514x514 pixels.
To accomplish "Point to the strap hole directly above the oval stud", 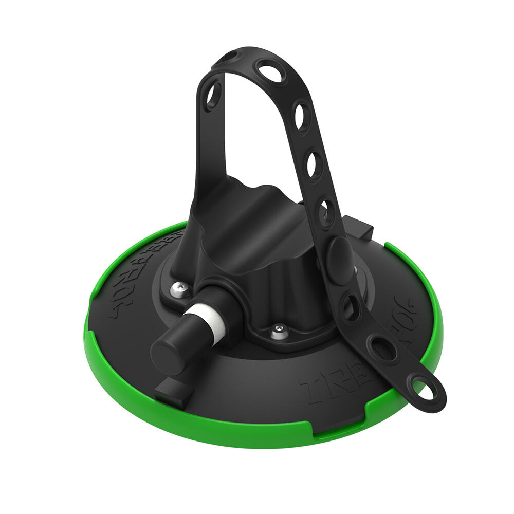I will [x=326, y=212].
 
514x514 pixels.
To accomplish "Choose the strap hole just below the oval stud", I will [x=352, y=307].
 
